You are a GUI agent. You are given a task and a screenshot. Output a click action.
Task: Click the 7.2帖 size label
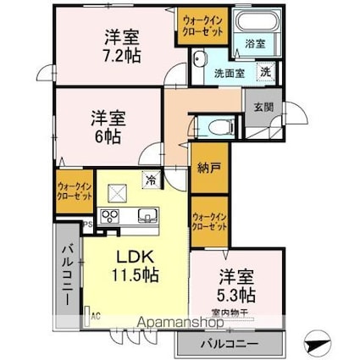pyautogui.click(x=123, y=54)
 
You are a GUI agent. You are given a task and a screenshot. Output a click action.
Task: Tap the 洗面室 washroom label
pyautogui.click(x=229, y=73)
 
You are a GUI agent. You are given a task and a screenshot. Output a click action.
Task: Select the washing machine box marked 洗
pyautogui.click(x=265, y=72)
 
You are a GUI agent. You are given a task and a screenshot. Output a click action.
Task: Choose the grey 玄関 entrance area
pyautogui.click(x=258, y=108)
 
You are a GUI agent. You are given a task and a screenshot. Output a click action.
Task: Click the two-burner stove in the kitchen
pyautogui.click(x=110, y=216)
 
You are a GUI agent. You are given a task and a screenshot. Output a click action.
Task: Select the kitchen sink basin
pyautogui.click(x=145, y=215)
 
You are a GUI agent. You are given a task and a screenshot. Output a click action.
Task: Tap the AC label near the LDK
pyautogui.click(x=95, y=315)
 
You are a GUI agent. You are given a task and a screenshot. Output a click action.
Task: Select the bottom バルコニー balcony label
pyautogui.click(x=228, y=345)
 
